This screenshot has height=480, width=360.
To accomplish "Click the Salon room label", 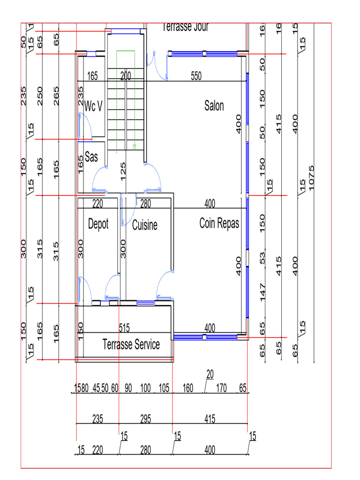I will click(214, 106).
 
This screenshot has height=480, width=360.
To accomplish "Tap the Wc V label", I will click(93, 106).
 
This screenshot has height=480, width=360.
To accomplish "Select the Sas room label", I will click(91, 157).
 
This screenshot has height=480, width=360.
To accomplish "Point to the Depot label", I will click(98, 224).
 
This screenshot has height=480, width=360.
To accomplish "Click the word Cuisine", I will click(144, 225).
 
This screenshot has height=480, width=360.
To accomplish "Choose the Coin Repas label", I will click(219, 223).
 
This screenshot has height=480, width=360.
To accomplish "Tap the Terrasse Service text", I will click(131, 345).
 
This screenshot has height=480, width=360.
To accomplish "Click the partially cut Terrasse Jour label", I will click(185, 27).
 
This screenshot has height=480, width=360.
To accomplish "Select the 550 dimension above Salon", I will click(196, 76).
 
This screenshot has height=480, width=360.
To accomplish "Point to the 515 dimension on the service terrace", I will click(124, 327).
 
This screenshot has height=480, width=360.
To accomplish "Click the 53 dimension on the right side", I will click(262, 257).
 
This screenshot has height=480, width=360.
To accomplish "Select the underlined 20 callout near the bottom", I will click(210, 374).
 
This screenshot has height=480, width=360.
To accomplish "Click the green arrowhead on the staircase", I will click(135, 147).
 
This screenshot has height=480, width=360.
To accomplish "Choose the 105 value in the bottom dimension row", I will click(164, 389).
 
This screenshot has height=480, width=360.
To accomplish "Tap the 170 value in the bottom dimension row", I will click(222, 389).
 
